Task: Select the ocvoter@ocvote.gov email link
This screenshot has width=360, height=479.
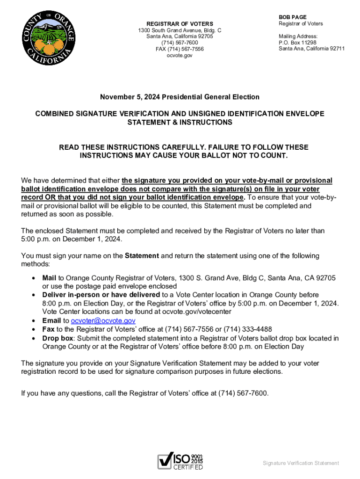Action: [x=103, y=321]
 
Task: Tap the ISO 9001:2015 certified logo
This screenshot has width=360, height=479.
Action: [x=180, y=461]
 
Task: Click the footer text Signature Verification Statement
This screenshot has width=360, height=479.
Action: [x=301, y=463]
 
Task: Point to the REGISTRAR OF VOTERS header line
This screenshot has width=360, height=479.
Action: [x=180, y=24]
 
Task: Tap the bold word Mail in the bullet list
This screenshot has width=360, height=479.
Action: [x=49, y=278]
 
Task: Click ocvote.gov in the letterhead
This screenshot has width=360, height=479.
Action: [x=180, y=56]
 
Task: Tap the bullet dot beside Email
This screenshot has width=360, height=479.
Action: [x=33, y=321]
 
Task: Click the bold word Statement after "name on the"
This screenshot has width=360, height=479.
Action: [x=142, y=256]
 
